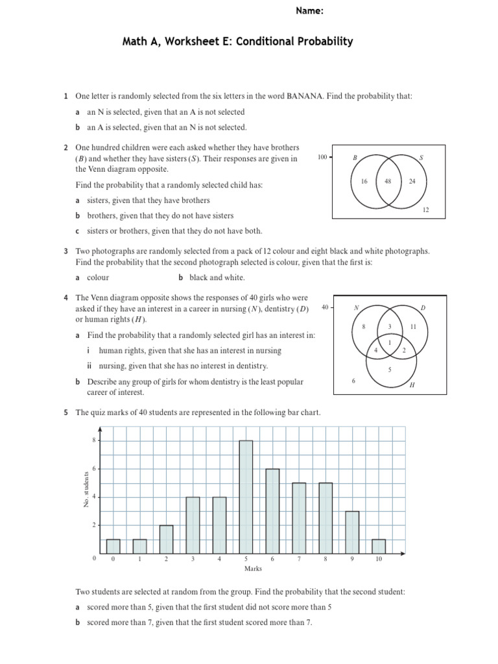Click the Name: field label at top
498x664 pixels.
point(310,11)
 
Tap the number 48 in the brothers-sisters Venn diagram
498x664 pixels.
point(388,182)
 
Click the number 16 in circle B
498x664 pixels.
point(364,182)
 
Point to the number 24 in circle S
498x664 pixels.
point(412,182)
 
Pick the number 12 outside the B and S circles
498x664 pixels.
point(425,210)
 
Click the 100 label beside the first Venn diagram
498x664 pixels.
point(322,158)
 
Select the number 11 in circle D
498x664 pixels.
point(413,327)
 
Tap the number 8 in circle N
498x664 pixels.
point(364,327)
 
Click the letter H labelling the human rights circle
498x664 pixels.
point(411,385)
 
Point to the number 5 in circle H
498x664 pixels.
point(389,370)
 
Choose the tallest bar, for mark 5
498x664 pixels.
point(246,497)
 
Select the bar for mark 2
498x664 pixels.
point(167,539)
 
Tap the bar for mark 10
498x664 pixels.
point(379,546)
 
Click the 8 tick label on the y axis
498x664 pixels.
point(94,440)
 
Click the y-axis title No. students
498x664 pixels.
point(86,490)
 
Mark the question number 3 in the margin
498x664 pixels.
point(66,251)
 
